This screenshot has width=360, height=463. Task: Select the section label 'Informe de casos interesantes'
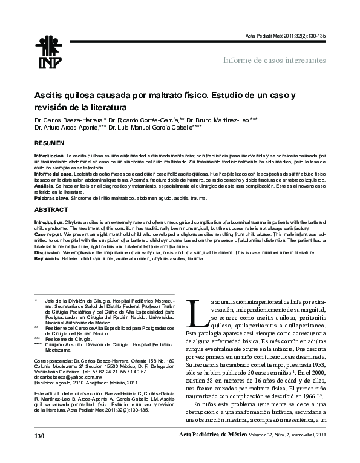coord(275,61)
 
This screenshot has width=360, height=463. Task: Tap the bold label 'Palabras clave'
coord(49,198)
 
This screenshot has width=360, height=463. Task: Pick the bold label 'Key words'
coord(47,258)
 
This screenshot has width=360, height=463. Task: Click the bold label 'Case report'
coord(47,234)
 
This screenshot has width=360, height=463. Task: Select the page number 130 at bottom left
coord(40,452)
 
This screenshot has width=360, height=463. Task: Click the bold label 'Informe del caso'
coord(53,174)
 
